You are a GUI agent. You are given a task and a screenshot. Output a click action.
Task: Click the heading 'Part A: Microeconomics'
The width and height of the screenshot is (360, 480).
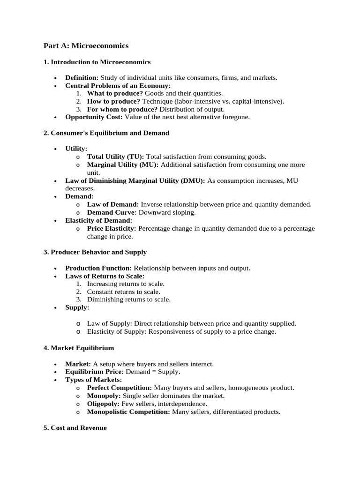(86, 46)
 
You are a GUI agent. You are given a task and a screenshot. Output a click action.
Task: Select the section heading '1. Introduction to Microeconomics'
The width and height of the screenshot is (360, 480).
(97, 62)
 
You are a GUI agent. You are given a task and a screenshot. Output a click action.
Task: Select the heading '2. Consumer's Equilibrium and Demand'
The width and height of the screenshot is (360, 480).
(106, 133)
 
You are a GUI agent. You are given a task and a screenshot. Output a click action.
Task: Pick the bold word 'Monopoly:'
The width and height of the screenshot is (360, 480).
(104, 396)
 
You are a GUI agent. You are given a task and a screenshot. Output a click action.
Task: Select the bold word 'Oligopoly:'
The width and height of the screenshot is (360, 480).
(103, 404)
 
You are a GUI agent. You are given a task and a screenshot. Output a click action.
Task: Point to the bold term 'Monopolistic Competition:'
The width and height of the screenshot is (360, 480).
(128, 412)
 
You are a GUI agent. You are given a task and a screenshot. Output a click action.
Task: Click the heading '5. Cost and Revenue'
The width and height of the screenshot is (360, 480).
(75, 428)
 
